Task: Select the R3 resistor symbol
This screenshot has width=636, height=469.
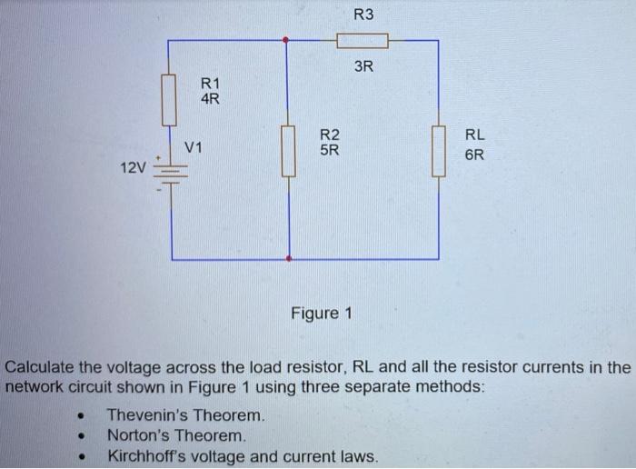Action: click(x=363, y=40)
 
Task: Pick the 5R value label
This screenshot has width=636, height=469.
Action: click(x=330, y=152)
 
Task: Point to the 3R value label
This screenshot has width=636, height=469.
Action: click(x=363, y=66)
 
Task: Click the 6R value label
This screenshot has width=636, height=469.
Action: click(x=475, y=155)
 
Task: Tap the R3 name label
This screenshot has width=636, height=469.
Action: click(x=363, y=15)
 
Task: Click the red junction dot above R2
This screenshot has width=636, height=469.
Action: click(x=288, y=40)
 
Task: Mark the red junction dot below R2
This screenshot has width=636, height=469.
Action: click(x=288, y=259)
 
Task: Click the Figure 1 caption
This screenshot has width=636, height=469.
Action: click(x=321, y=314)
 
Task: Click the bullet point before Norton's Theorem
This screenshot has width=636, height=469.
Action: click(x=83, y=436)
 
